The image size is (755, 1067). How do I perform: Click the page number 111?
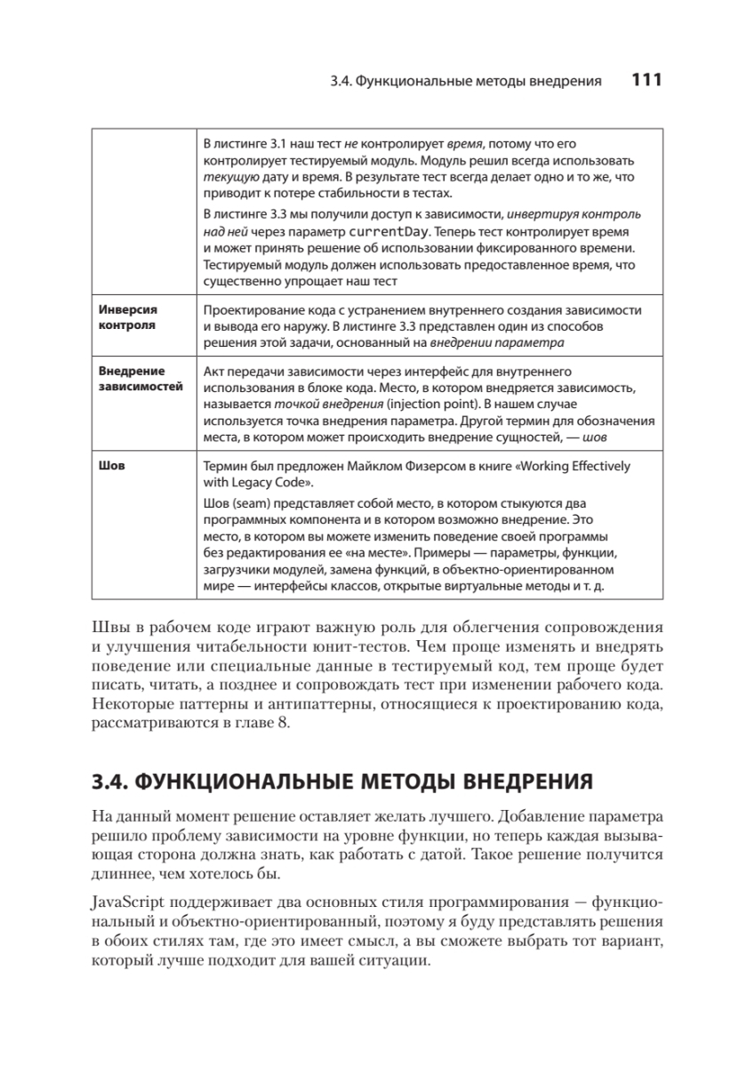647,81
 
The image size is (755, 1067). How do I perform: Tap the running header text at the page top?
465,82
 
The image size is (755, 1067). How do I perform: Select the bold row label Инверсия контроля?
127,317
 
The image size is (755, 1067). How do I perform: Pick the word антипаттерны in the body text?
289,704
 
